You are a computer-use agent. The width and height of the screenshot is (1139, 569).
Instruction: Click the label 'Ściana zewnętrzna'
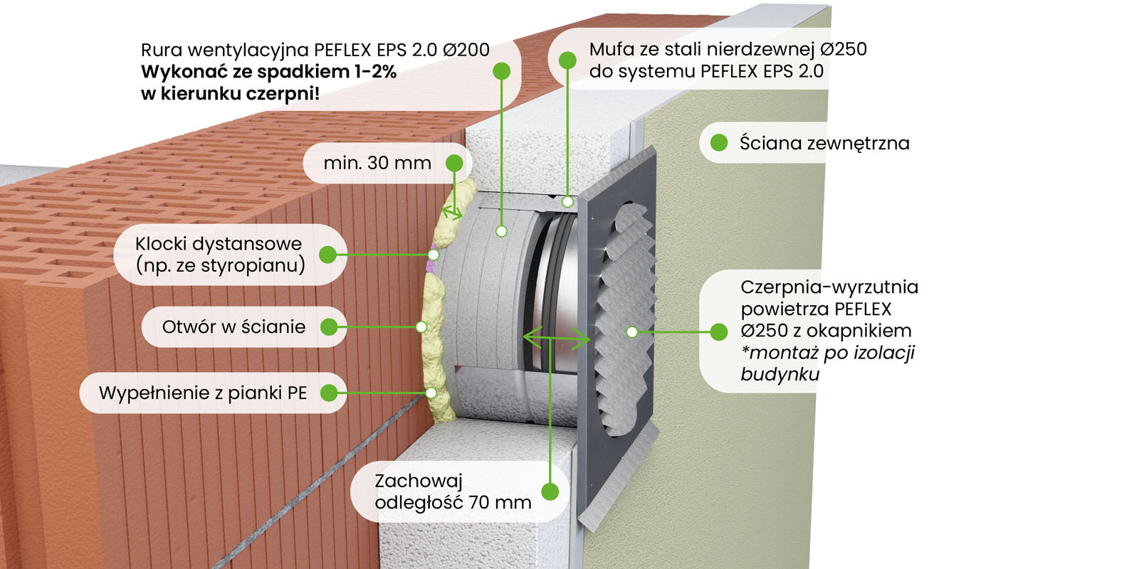(824, 143)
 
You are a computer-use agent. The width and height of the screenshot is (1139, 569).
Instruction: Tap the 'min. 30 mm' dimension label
(377, 163)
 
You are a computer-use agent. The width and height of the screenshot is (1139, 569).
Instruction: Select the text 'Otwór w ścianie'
(233, 326)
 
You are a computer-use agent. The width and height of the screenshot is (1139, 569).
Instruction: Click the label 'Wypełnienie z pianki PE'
(203, 393)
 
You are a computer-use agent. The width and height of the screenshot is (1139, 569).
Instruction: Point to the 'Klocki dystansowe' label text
(219, 244)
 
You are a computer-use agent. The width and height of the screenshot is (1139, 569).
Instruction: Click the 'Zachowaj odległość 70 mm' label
(453, 491)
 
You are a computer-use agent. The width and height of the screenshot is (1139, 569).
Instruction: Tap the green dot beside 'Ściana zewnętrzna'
(719, 143)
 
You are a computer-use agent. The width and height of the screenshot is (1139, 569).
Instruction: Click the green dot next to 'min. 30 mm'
(454, 163)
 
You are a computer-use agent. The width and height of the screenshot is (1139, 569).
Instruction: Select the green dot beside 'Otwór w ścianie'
(328, 326)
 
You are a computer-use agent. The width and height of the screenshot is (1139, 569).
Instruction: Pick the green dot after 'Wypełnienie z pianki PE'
(328, 393)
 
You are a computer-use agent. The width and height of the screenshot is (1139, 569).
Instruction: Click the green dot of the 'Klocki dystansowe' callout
(327, 254)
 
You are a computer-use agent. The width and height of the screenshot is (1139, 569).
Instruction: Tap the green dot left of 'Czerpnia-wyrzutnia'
(719, 331)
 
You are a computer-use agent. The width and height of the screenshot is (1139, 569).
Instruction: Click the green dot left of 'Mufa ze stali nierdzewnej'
(567, 60)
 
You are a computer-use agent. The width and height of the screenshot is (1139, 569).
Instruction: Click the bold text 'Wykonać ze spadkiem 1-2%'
(268, 72)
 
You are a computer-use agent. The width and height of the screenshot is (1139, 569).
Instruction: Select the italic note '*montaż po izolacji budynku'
(827, 363)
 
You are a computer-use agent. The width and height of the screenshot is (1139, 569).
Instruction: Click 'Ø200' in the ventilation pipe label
(466, 50)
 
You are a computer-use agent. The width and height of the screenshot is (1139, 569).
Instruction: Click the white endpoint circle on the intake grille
(631, 331)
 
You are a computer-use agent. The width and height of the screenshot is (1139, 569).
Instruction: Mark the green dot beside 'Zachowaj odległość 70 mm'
(550, 491)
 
